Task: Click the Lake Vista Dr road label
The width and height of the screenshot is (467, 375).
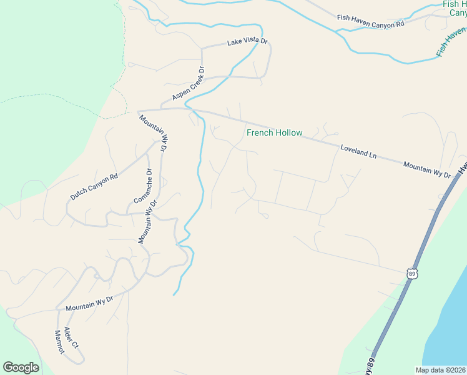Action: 247,42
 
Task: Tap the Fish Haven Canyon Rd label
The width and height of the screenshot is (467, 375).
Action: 371,21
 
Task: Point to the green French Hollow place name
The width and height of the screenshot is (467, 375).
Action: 275,132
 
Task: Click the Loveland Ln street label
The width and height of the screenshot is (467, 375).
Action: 359,151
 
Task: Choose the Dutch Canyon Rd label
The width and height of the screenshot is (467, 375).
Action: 94,187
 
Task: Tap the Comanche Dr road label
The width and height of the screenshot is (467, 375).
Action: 141,186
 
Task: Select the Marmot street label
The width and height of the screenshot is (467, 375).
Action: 59,342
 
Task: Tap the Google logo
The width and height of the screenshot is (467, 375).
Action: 21,367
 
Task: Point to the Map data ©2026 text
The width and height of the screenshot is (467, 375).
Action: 441,370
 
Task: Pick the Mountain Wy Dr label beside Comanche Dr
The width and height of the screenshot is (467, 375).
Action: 147,222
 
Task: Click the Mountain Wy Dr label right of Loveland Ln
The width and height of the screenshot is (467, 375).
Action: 427,169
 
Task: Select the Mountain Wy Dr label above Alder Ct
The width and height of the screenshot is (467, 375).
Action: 89,304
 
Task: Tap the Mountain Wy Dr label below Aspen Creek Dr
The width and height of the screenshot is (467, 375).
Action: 154,133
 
